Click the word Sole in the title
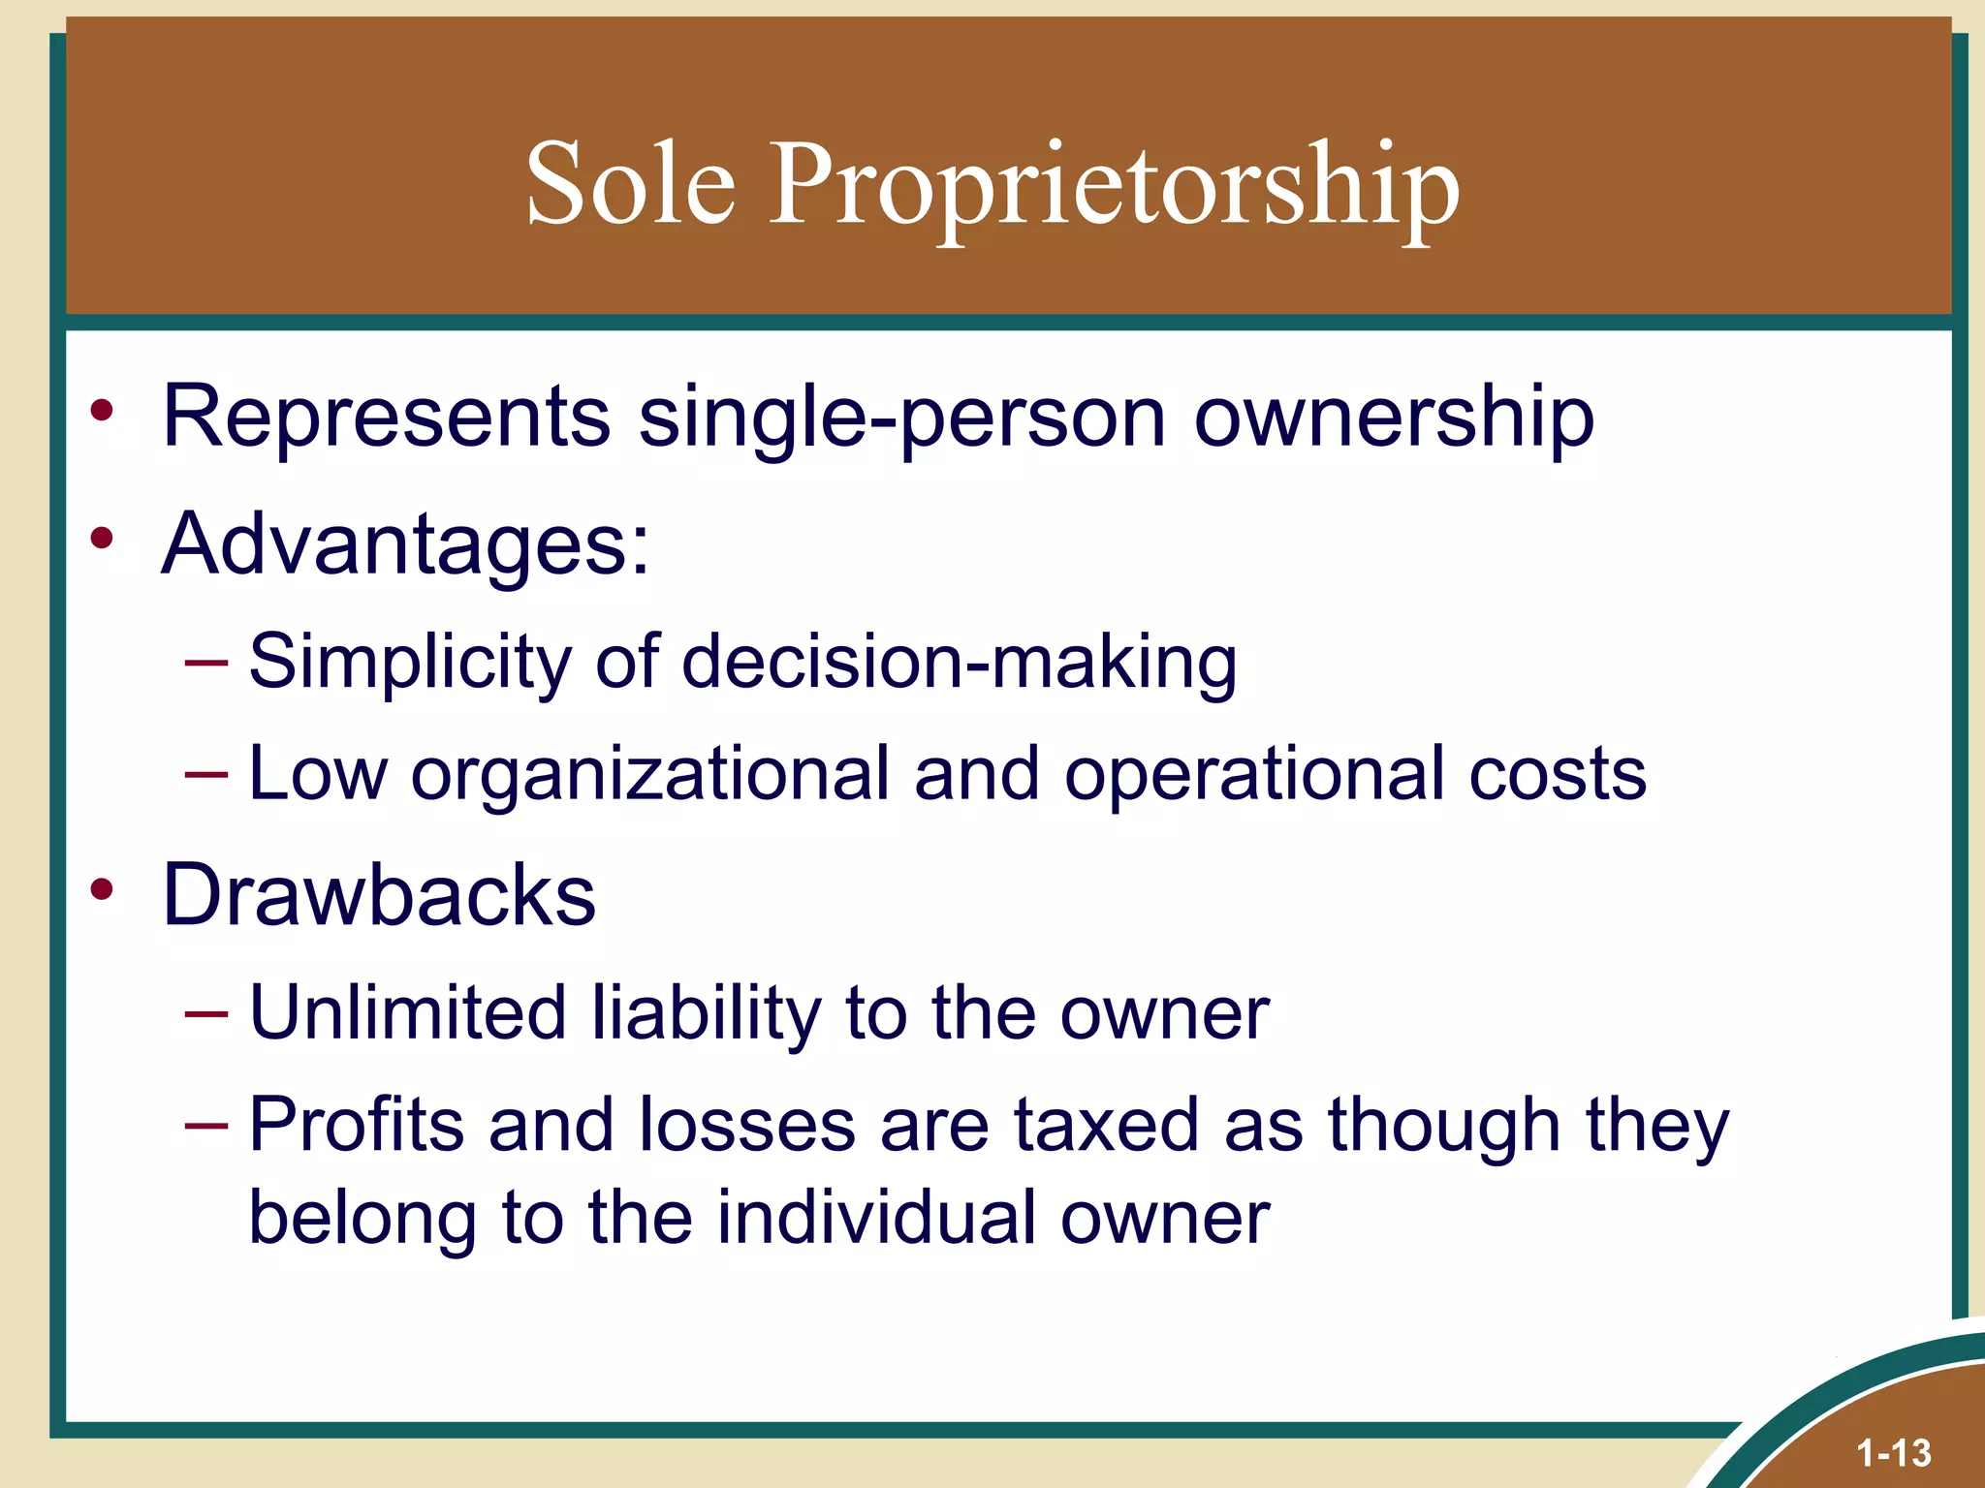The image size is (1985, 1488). (630, 184)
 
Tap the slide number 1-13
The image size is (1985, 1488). (1894, 1453)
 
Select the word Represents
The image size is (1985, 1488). (387, 417)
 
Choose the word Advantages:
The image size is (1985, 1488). (406, 545)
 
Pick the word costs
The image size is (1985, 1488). (1558, 774)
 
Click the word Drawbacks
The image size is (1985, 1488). (379, 895)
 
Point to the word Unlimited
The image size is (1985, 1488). (408, 1013)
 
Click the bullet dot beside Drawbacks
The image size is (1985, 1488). (102, 888)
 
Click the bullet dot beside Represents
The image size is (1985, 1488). (102, 410)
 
